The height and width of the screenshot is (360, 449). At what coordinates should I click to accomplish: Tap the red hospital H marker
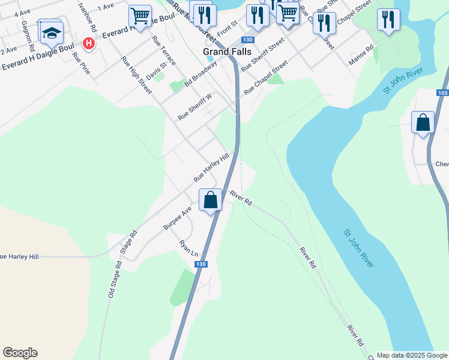89,43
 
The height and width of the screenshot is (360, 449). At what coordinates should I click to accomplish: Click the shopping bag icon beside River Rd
211,200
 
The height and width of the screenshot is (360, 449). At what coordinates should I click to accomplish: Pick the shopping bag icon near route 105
423,122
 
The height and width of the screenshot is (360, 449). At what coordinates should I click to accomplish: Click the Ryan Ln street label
188,249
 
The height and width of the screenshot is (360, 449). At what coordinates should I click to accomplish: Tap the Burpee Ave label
177,218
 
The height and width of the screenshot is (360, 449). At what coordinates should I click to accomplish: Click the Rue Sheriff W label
196,106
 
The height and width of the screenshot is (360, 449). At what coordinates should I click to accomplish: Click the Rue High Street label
137,76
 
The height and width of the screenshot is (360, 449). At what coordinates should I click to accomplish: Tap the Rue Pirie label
80,64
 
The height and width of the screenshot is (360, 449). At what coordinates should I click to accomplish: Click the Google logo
20,353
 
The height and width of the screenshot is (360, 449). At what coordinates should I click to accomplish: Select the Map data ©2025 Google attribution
412,355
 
